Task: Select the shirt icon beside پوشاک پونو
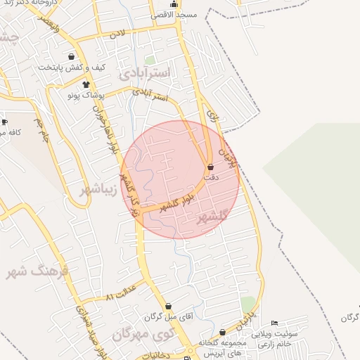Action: (x=86, y=84)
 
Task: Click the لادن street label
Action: (x=116, y=33)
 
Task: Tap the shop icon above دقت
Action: (x=211, y=167)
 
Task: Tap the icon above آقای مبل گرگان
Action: (x=168, y=307)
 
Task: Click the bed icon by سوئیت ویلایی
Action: (x=274, y=323)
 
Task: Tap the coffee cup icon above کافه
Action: (x=5, y=122)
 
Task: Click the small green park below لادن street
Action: (x=149, y=60)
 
